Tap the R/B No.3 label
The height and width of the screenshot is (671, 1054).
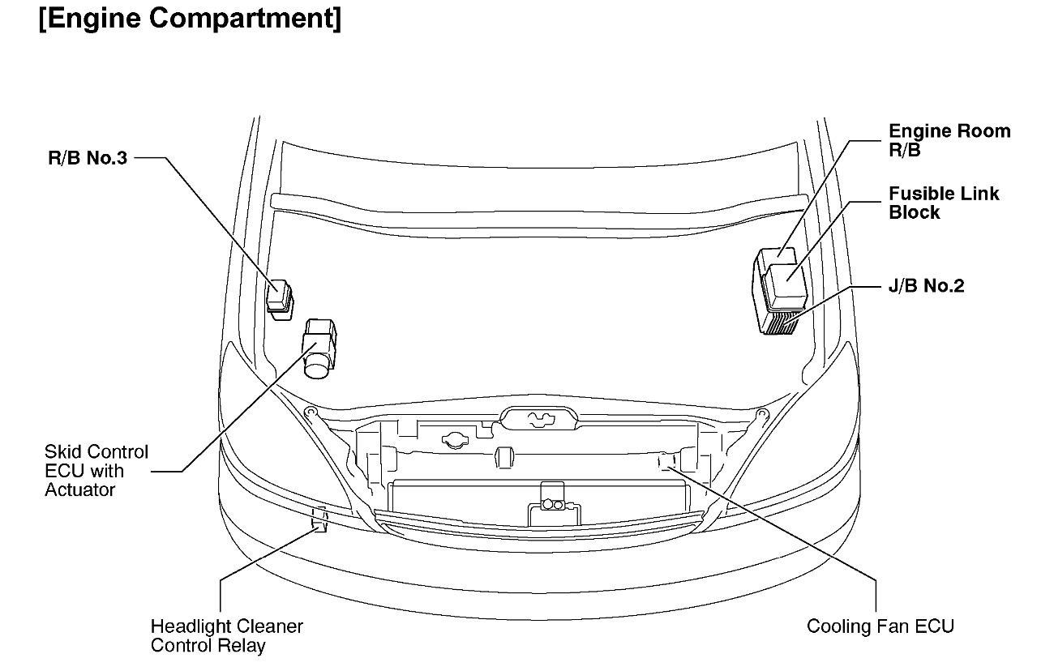point(87,159)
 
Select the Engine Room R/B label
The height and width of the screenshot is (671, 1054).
point(949,140)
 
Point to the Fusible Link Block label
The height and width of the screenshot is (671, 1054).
point(944,203)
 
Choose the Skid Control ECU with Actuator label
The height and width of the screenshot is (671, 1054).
point(96,471)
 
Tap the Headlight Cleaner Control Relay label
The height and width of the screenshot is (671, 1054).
point(226,635)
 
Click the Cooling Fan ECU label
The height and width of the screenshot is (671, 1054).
point(880,626)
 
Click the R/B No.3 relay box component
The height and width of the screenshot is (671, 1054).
point(281,297)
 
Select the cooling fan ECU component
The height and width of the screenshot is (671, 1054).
point(666,461)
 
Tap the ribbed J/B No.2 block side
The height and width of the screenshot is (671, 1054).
point(778,325)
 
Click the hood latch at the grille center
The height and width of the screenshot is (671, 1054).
point(538,419)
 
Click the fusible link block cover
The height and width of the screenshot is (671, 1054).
point(786,286)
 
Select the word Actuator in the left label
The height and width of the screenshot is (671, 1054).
point(80,489)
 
